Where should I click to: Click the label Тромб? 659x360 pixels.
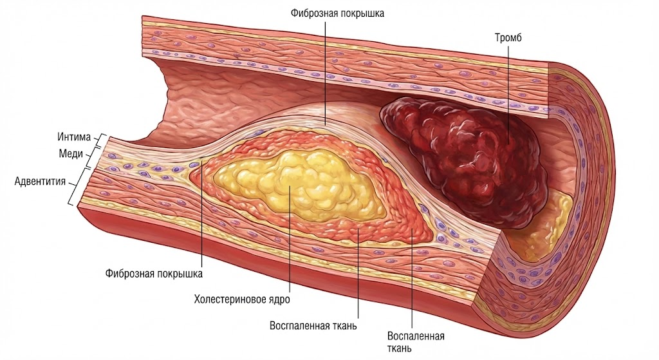point(507,38)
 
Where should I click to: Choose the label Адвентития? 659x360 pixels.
point(40,181)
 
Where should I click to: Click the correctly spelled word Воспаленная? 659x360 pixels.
point(416,336)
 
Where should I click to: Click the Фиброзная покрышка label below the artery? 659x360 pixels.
point(154,273)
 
